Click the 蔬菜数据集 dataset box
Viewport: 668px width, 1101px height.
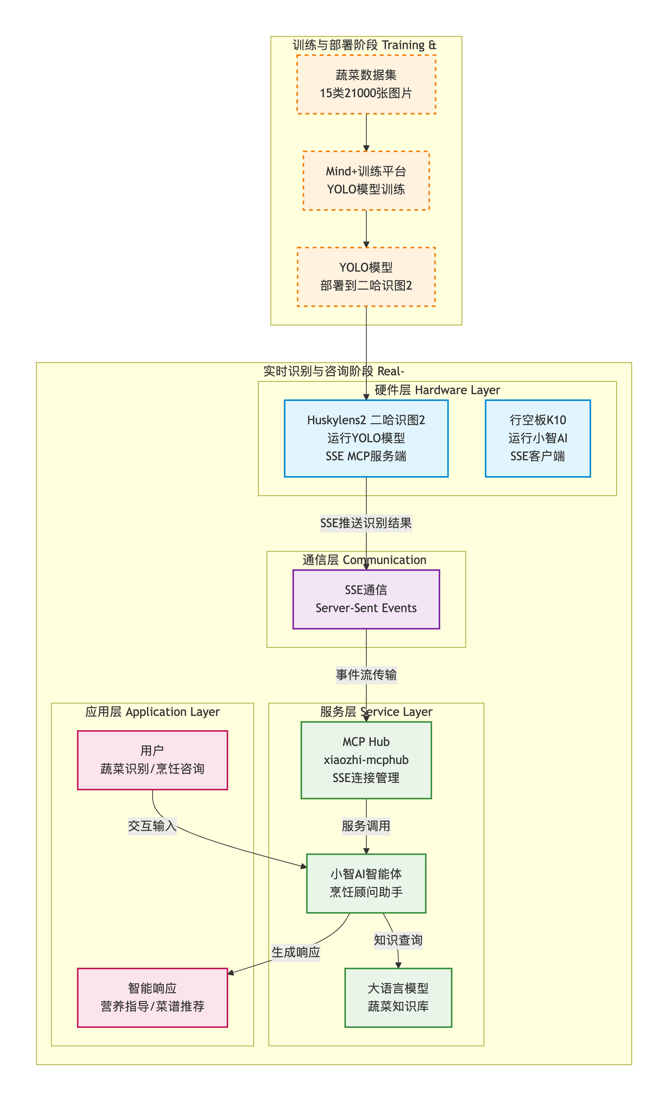tap(366, 84)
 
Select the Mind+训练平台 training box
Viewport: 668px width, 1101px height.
tap(366, 180)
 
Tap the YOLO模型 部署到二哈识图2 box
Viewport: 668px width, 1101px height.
tap(366, 277)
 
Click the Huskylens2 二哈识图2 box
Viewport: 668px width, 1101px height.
tap(366, 438)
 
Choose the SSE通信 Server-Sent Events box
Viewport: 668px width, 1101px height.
tap(366, 599)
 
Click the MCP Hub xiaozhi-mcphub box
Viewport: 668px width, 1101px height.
tap(366, 760)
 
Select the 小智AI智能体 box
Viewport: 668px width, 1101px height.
tap(366, 884)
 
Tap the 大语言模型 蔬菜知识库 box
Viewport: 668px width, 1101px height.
tap(398, 998)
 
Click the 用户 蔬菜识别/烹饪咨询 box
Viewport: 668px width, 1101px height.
tap(152, 760)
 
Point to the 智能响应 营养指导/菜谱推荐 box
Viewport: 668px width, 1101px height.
tap(152, 998)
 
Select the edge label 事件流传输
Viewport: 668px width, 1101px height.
tap(366, 675)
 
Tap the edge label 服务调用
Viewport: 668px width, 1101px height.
tap(366, 826)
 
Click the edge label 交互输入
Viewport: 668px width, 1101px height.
tap(152, 826)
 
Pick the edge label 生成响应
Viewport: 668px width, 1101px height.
tap(296, 952)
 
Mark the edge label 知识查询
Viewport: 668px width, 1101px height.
tap(398, 940)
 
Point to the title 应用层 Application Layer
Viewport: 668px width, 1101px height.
tap(152, 712)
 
